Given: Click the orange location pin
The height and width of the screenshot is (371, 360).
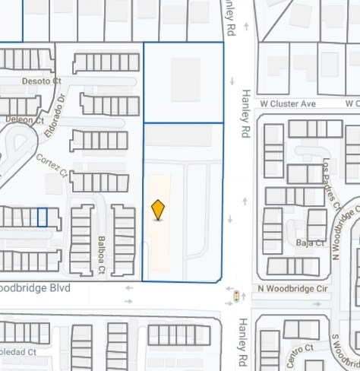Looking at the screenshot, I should point(158,209).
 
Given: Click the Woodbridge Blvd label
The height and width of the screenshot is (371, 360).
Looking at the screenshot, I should point(35,289).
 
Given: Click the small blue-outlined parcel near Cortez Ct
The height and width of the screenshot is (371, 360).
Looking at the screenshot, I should point(43,217).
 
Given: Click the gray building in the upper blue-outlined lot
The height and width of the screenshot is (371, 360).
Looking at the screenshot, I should point(185,80).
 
